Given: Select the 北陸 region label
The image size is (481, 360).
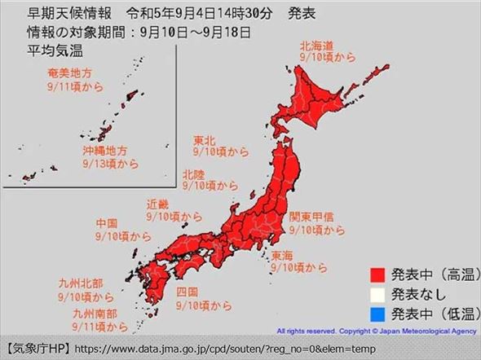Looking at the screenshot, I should click(x=194, y=173).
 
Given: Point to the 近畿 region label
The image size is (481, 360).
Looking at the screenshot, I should click(x=158, y=204).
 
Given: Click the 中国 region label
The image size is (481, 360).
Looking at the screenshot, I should click(x=107, y=222).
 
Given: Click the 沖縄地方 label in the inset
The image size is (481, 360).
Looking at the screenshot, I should click(x=104, y=151).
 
